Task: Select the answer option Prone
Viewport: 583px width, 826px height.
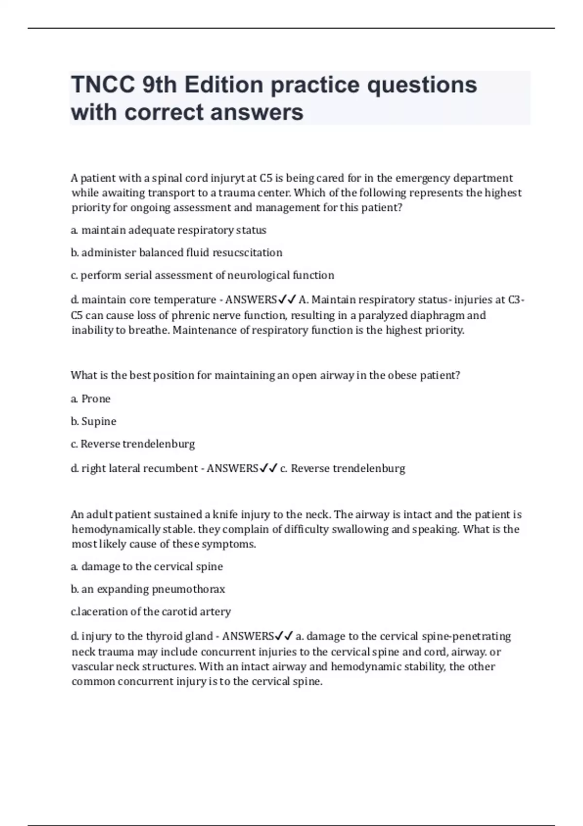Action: click(96, 399)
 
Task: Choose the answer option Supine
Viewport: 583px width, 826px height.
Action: click(99, 421)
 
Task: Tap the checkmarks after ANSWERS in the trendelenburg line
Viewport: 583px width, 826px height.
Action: click(269, 468)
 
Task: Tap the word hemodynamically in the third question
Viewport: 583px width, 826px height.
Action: click(116, 530)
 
